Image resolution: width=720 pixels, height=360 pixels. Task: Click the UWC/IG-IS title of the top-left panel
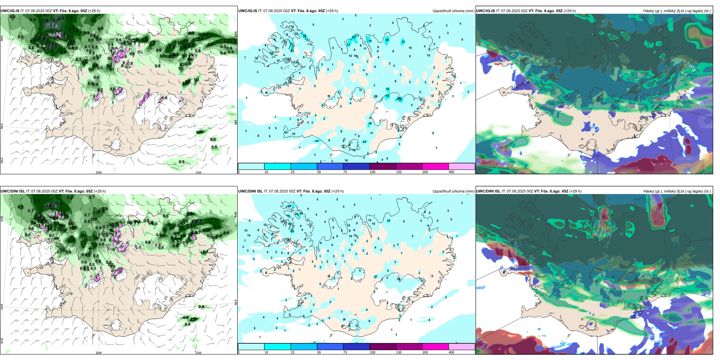(x=10, y=11)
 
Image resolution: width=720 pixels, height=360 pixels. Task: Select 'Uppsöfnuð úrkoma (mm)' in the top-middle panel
(x=453, y=11)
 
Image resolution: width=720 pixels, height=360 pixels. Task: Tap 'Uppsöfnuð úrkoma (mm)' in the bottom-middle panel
(x=453, y=191)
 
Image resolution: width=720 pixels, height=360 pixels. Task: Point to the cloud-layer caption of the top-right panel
(x=677, y=11)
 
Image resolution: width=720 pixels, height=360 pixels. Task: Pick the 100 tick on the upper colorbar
(x=373, y=172)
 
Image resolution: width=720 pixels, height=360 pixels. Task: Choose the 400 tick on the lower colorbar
(x=451, y=352)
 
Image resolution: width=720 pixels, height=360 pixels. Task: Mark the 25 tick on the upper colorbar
(x=293, y=172)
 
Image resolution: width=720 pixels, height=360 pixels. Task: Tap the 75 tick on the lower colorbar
(x=345, y=352)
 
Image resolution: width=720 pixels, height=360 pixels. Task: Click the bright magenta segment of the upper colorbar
(x=435, y=166)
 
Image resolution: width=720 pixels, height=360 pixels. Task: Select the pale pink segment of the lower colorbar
(x=462, y=347)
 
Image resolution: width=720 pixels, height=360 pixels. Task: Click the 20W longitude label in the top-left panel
(x=99, y=172)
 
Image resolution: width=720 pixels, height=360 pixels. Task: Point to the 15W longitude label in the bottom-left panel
(x=198, y=353)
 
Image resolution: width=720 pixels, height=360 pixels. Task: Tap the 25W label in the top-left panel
(x=2, y=160)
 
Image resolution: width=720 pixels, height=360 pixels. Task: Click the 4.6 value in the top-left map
(x=53, y=25)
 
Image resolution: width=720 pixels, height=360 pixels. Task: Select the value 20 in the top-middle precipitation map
(x=387, y=40)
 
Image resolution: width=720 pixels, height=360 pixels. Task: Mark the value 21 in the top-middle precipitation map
(x=292, y=51)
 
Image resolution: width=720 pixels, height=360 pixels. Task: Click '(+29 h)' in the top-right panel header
(x=570, y=11)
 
